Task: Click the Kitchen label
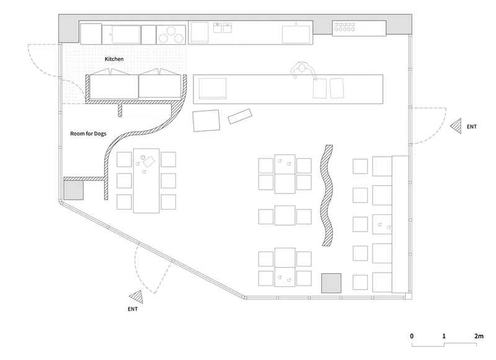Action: click(x=114, y=59)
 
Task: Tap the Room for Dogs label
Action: click(x=88, y=134)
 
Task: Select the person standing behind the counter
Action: click(x=303, y=70)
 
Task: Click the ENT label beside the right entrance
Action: click(x=472, y=127)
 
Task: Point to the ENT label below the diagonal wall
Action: click(x=133, y=309)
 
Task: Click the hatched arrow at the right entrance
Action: click(x=456, y=126)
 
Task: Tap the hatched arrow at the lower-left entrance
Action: click(x=136, y=297)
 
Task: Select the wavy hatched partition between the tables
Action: click(x=327, y=195)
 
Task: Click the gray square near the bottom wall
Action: click(x=331, y=283)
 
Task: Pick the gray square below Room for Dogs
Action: click(x=73, y=190)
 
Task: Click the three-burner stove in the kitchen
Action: click(x=171, y=35)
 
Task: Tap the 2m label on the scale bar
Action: click(x=479, y=336)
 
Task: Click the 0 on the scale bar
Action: click(x=412, y=336)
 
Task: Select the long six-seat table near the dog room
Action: click(x=146, y=180)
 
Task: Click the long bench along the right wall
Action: click(x=400, y=224)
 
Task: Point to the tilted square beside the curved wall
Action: click(x=206, y=120)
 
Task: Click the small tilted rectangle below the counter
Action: click(x=240, y=116)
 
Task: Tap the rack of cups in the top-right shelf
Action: click(x=345, y=27)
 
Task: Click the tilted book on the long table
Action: click(x=149, y=162)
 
